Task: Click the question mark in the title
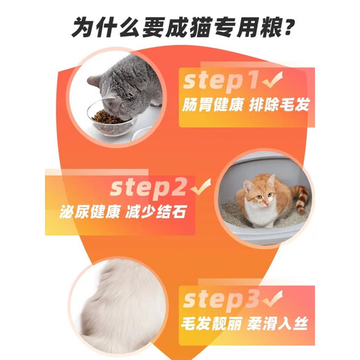click(283, 28)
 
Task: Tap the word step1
click(220, 81)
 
